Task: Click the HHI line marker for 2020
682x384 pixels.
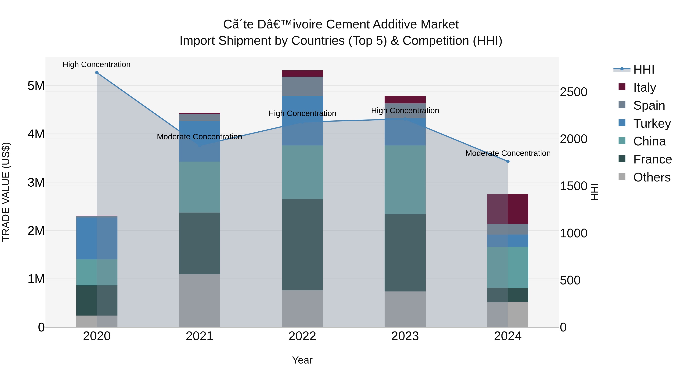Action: coord(97,73)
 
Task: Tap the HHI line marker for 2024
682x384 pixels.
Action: coord(508,161)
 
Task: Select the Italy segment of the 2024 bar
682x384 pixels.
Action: coord(508,209)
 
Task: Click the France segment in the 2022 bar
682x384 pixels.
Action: coord(302,244)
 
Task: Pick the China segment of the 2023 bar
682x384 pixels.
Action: coord(405,180)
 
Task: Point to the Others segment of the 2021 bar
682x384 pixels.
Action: coord(200,301)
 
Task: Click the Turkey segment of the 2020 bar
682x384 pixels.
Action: coord(97,238)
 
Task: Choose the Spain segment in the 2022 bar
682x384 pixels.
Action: coord(302,86)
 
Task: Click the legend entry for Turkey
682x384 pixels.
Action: coord(652,123)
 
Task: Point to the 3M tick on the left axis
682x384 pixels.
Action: coord(36,183)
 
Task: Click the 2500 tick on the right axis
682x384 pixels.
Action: coord(573,92)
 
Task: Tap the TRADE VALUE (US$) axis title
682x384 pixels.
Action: coord(6,192)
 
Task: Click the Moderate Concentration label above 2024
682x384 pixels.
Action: coord(508,153)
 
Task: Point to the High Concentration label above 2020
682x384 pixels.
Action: coord(96,64)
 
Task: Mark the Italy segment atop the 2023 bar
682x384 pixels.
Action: coord(405,100)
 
